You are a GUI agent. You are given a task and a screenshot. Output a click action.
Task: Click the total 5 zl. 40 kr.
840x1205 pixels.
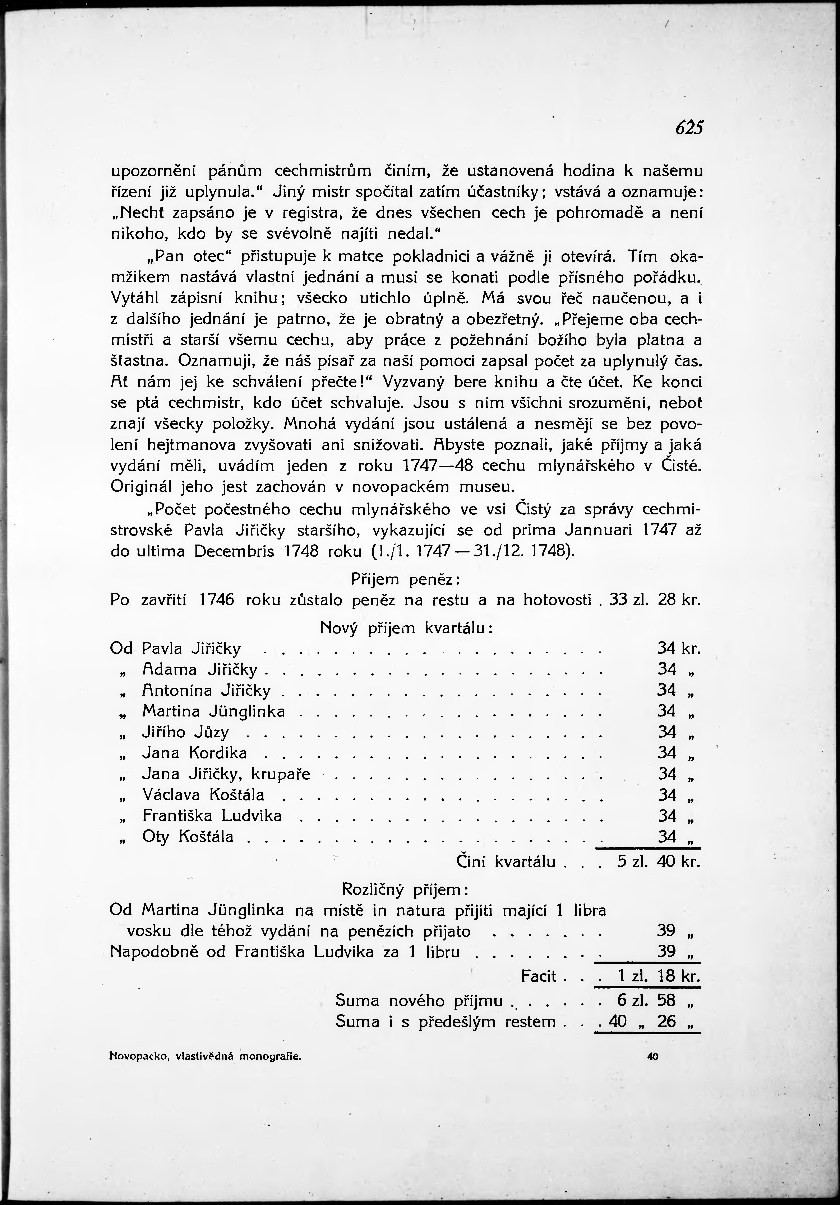pos(658,862)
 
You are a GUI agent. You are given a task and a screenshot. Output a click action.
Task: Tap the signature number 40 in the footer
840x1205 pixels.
pos(652,1042)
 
